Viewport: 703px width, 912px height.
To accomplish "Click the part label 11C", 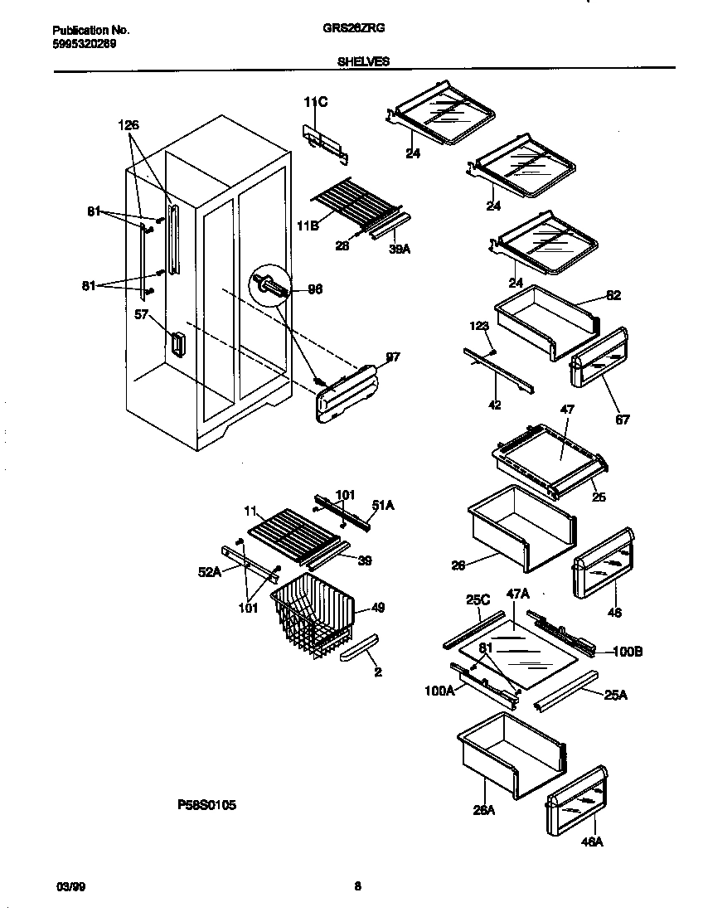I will [315, 102].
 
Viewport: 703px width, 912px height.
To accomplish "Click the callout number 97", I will [392, 357].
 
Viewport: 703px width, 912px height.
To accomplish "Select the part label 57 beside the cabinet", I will [141, 315].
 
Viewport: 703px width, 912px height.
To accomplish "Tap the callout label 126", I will [128, 125].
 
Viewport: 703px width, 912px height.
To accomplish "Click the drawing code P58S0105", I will [207, 804].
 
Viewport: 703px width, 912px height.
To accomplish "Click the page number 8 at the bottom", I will [357, 886].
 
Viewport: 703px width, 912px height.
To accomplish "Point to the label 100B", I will [628, 652].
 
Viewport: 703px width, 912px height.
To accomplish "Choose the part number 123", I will [478, 327].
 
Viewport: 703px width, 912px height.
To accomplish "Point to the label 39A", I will [400, 246].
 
